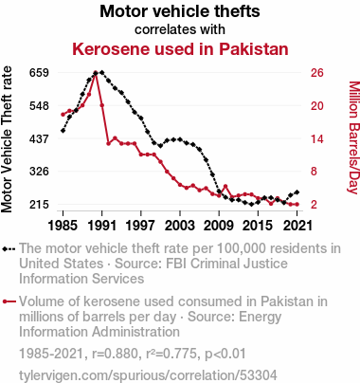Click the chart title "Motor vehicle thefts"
click(x=180, y=11)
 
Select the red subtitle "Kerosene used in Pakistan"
click(x=180, y=49)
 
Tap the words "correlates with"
click(x=180, y=29)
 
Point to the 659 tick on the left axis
click(x=39, y=73)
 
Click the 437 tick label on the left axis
click(x=39, y=138)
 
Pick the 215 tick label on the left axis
click(x=39, y=204)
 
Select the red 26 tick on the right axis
click(x=317, y=73)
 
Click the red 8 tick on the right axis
click(x=314, y=172)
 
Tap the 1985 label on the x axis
click(x=63, y=226)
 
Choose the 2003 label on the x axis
click(x=180, y=226)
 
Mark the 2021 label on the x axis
click(x=297, y=226)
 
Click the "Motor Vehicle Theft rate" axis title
click(x=7, y=139)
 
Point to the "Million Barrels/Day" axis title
click(x=354, y=137)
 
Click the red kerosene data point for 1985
click(x=63, y=115)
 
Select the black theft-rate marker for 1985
click(x=63, y=131)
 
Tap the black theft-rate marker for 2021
click(x=297, y=192)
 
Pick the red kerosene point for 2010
click(x=225, y=187)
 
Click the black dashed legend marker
click(x=9, y=249)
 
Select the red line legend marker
click(x=9, y=301)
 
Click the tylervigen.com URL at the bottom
click(x=148, y=375)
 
